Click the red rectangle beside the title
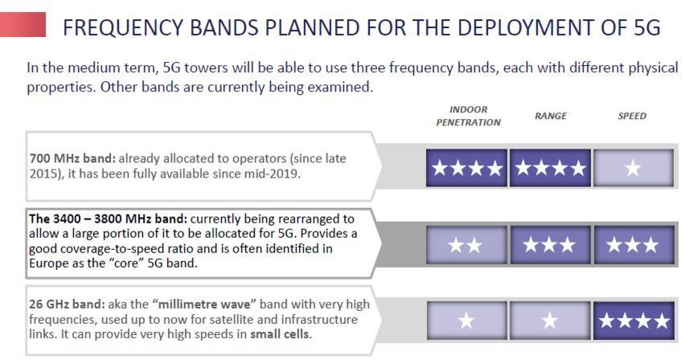23,24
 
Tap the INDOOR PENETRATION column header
468,116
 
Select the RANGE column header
551,116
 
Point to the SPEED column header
632,116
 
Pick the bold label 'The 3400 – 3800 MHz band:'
108,219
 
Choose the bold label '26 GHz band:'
68,304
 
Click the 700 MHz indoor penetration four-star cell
466,168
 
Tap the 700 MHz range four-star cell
550,168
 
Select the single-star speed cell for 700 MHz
634,168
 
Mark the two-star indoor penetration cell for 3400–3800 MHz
466,245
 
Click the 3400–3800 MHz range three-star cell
550,245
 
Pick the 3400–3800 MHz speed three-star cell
634,245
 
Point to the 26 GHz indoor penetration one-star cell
466,321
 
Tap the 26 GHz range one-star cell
550,321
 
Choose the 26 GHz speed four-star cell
634,321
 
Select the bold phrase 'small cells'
280,334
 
